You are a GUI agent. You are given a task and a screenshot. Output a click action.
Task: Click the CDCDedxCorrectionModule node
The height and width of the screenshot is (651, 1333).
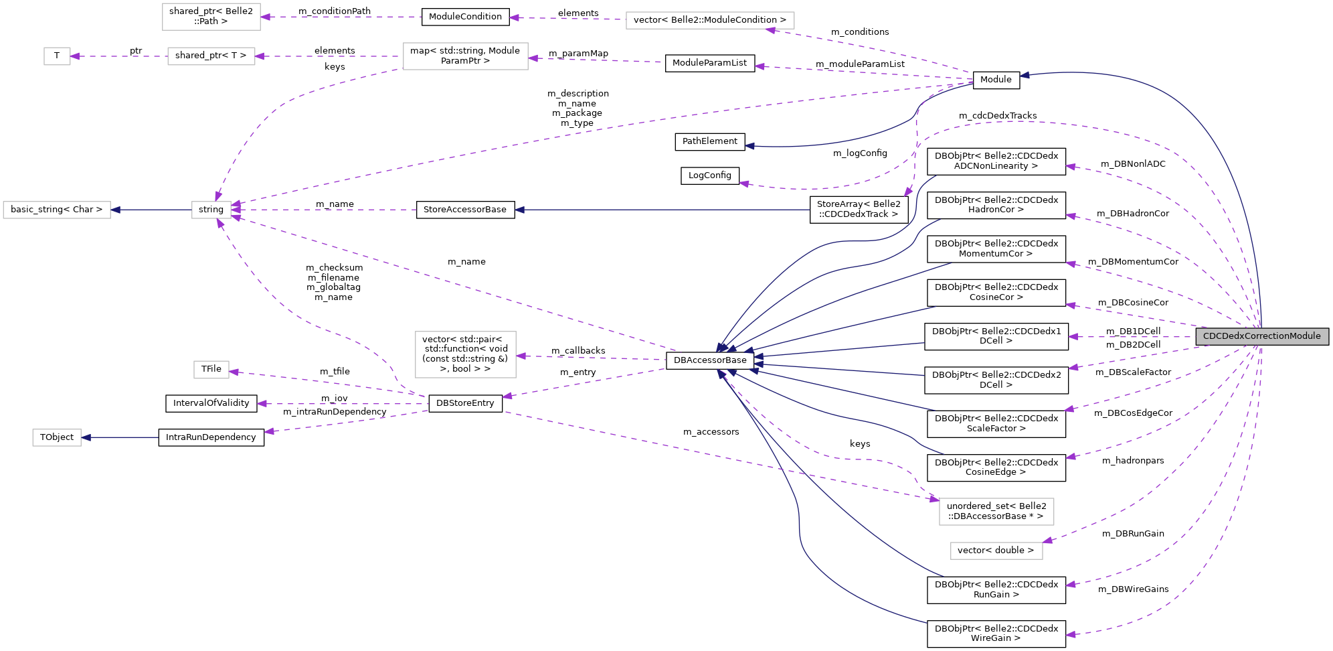[1261, 336]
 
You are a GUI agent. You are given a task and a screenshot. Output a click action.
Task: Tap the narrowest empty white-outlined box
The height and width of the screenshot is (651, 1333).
[57, 56]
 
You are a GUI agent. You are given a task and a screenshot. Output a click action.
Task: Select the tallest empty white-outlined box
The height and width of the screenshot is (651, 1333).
[465, 354]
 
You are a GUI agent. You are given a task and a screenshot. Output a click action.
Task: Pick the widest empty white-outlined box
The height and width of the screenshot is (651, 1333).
[710, 21]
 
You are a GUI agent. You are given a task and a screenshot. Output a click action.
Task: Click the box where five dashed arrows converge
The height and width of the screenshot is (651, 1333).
[211, 210]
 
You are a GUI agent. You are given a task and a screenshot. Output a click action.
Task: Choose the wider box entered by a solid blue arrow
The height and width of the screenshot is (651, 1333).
[57, 210]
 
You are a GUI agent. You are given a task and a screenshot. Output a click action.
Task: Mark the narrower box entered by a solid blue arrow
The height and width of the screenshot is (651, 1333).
[57, 437]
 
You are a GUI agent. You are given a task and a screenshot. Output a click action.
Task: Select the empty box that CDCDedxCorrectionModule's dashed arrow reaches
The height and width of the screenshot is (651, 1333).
[996, 551]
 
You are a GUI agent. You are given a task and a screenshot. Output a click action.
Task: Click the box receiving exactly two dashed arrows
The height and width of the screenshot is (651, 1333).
[996, 512]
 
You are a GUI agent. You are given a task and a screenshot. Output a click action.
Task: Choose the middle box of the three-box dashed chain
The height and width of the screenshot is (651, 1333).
[211, 56]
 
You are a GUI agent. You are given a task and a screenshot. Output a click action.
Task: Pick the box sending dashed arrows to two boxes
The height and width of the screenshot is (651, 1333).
[465, 56]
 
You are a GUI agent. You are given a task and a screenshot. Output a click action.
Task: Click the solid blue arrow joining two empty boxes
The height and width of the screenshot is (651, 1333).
[151, 210]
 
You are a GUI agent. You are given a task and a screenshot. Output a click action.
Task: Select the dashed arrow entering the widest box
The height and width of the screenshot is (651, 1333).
[870, 50]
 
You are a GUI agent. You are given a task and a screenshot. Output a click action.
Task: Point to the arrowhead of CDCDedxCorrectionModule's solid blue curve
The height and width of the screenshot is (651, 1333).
[1025, 75]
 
